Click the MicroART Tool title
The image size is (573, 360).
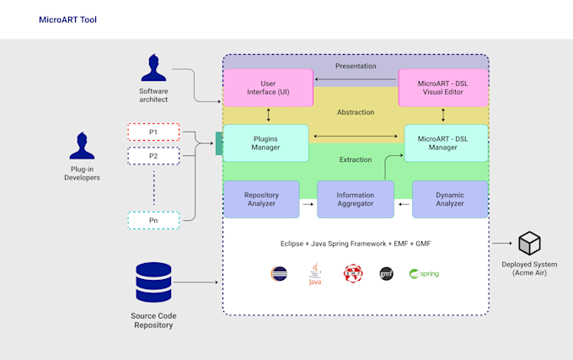pos(67,19)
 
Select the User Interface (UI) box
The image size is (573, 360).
pos(267,87)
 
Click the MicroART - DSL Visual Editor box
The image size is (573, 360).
pos(443,87)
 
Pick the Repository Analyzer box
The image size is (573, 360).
pos(261,199)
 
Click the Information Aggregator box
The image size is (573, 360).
pos(356,199)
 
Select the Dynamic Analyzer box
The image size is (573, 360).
pos(449,199)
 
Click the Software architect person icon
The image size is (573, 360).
pos(153,69)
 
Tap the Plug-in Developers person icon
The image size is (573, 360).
pos(82,146)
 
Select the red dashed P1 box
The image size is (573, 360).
pos(153,132)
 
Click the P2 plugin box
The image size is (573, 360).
pos(153,156)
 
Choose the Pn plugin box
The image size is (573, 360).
pos(153,220)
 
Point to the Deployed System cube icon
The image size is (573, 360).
pos(529,244)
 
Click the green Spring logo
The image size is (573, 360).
pos(424,274)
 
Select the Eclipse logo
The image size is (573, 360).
pos(278,274)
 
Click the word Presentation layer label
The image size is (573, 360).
pos(356,66)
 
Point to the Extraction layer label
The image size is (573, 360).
pos(356,159)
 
